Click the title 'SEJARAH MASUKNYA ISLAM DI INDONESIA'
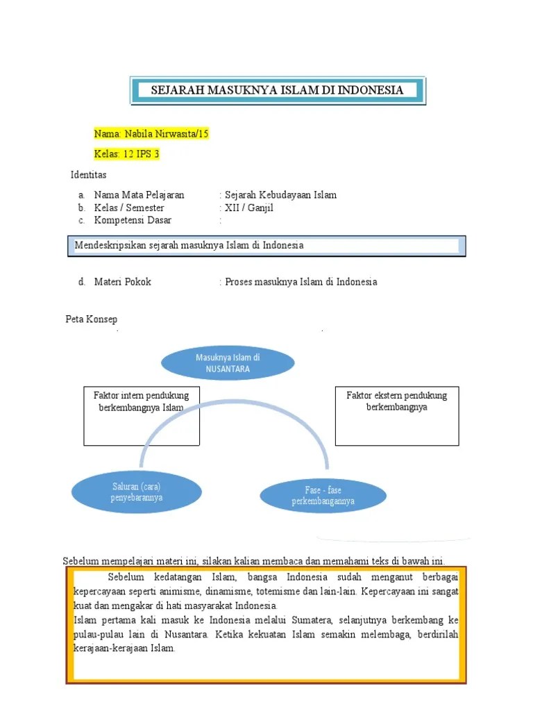[x=278, y=90]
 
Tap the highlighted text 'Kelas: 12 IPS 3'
[x=127, y=154]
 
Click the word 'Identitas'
[x=89, y=174]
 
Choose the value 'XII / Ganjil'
[x=249, y=208]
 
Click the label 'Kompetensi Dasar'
[x=133, y=220]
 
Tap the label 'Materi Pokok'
[x=122, y=282]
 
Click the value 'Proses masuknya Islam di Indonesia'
[x=301, y=282]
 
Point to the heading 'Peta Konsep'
[x=91, y=319]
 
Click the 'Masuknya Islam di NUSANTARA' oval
[x=228, y=363]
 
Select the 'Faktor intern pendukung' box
[x=142, y=415]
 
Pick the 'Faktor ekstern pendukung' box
[x=397, y=415]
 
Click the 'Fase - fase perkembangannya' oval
[x=323, y=495]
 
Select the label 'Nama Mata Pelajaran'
[x=139, y=195]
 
